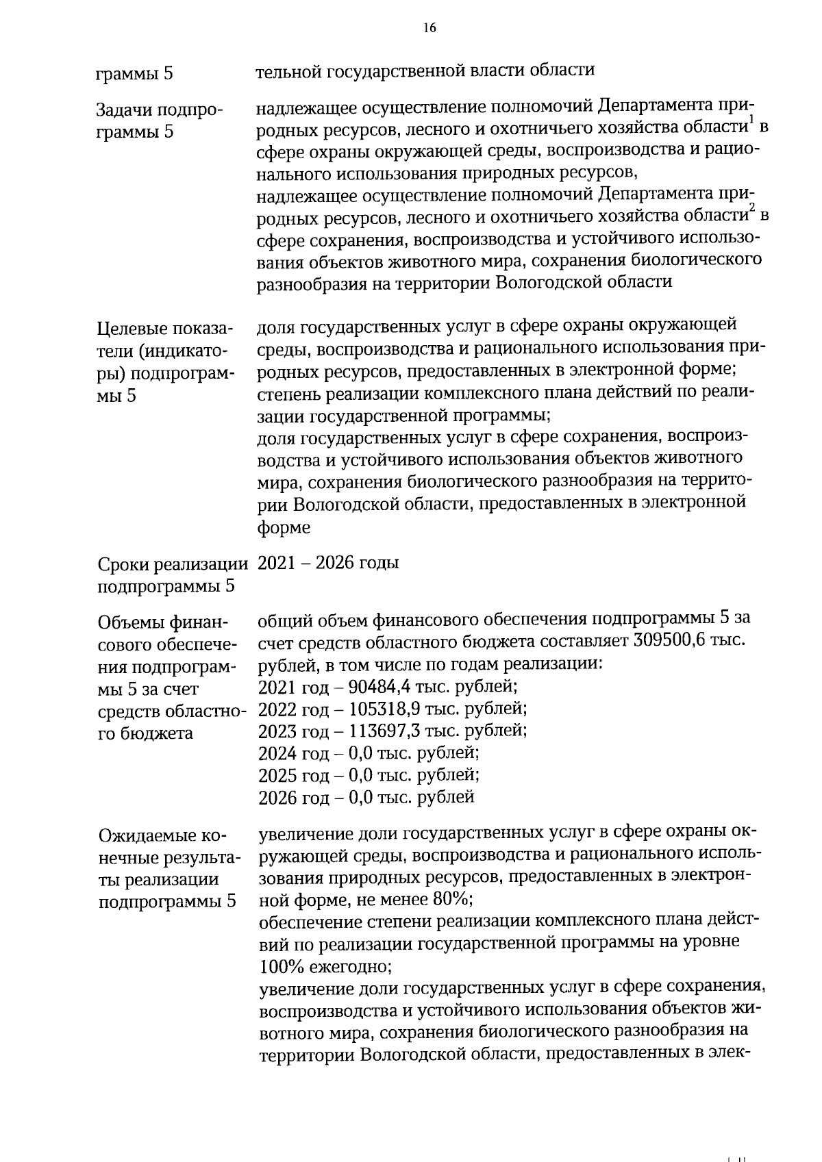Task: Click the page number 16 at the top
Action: click(x=429, y=28)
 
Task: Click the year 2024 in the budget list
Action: click(x=279, y=753)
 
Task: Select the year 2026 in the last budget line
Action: click(x=279, y=797)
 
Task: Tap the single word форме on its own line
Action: click(x=284, y=528)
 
